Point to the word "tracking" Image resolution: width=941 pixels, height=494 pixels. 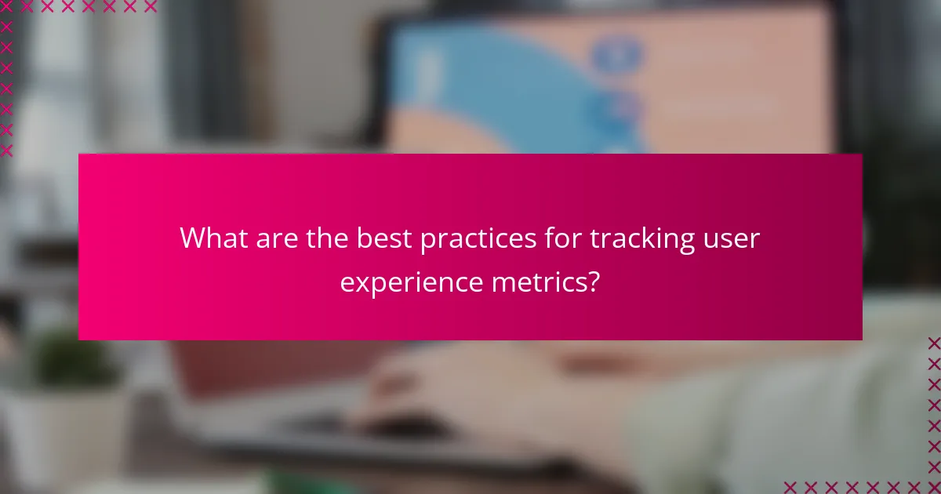point(638,239)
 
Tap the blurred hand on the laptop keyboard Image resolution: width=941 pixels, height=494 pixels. point(439,384)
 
